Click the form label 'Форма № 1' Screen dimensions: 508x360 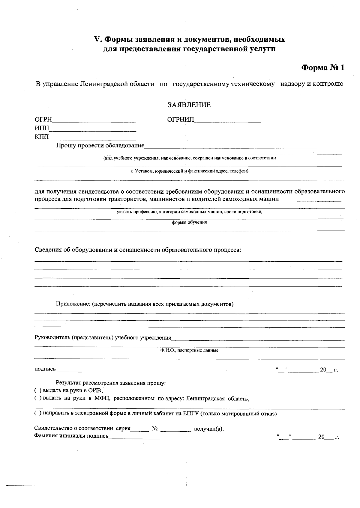point(322,68)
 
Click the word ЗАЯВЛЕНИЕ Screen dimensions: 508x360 point(189,105)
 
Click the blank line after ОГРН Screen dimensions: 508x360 point(94,120)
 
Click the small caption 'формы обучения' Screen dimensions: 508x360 point(189,223)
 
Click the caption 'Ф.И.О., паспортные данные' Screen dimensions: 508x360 point(189,350)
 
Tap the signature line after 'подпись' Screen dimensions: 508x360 point(69,370)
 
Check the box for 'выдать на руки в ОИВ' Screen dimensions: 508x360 point(37,391)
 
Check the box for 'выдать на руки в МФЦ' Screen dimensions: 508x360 point(37,399)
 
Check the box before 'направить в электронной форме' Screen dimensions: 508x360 point(37,414)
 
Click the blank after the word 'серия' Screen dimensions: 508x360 point(139,429)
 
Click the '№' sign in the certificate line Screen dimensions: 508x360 point(155,429)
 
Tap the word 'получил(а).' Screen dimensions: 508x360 point(209,429)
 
